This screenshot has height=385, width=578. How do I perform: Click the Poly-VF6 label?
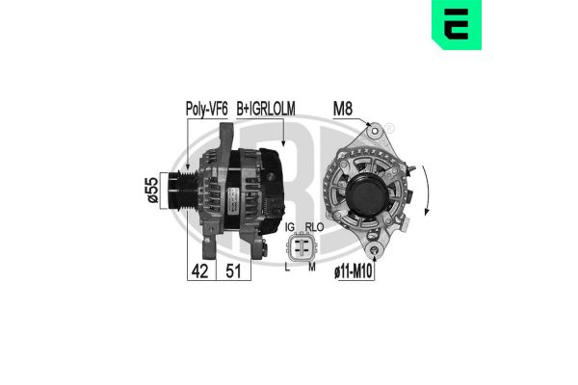coord(206,110)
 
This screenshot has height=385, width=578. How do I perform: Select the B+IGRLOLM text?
coord(265,110)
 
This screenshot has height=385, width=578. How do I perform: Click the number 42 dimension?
coord(199,271)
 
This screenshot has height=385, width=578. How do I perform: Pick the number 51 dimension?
coord(233,271)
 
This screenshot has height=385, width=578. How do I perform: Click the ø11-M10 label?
coord(354,272)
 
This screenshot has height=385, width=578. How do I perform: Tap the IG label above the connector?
coord(288,228)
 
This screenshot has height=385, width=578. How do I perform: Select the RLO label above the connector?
coord(311,228)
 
